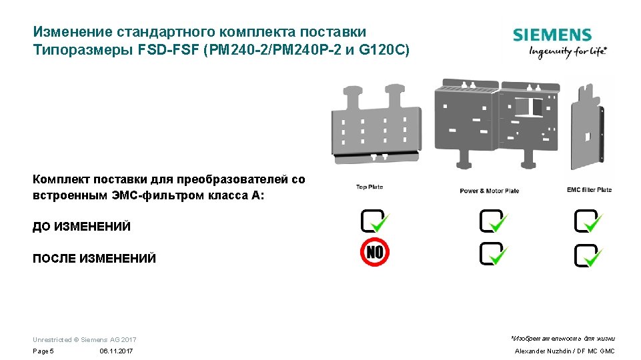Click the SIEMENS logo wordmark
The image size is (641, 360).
pyautogui.click(x=552, y=35)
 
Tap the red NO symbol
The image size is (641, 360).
pyautogui.click(x=375, y=252)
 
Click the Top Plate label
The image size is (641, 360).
pyautogui.click(x=370, y=187)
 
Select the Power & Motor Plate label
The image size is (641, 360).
pyautogui.click(x=489, y=191)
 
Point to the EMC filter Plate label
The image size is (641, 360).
pyautogui.click(x=589, y=190)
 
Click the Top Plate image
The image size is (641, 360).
pyautogui.click(x=376, y=124)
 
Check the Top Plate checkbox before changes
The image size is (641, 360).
pyautogui.click(x=374, y=221)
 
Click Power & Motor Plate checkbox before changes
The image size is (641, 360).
pyautogui.click(x=492, y=221)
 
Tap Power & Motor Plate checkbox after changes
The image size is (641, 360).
pyautogui.click(x=492, y=253)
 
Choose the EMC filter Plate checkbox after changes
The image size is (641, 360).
pyautogui.click(x=588, y=255)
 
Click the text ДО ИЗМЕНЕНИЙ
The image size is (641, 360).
pyautogui.click(x=81, y=227)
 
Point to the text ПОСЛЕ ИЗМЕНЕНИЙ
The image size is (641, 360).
pyautogui.click(x=94, y=259)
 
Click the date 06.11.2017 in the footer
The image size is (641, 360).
pyautogui.click(x=116, y=351)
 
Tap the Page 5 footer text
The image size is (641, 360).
pyautogui.click(x=43, y=351)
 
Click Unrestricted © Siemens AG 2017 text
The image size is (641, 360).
pyautogui.click(x=84, y=340)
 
